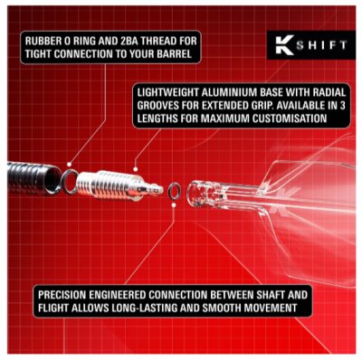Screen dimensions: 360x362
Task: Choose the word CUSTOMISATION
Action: (299, 118)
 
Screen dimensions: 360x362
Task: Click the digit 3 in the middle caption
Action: (338, 105)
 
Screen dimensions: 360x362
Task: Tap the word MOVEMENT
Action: (269, 308)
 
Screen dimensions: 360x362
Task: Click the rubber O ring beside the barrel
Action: (70, 175)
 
